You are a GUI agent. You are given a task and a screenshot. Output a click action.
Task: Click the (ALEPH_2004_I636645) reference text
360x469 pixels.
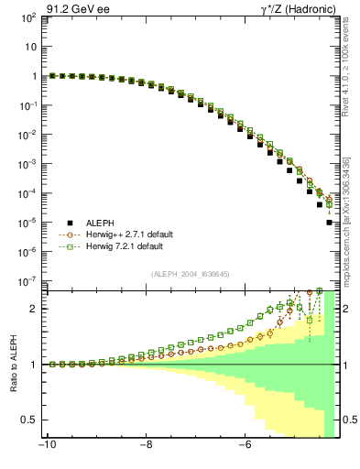(x=191, y=274)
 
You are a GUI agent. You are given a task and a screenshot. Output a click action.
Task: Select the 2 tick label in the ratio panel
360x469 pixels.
(x=35, y=309)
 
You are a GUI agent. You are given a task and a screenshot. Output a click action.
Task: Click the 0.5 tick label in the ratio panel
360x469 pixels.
(x=31, y=420)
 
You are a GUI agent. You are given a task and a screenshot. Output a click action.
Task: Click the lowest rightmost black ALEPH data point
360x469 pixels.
(x=329, y=223)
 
